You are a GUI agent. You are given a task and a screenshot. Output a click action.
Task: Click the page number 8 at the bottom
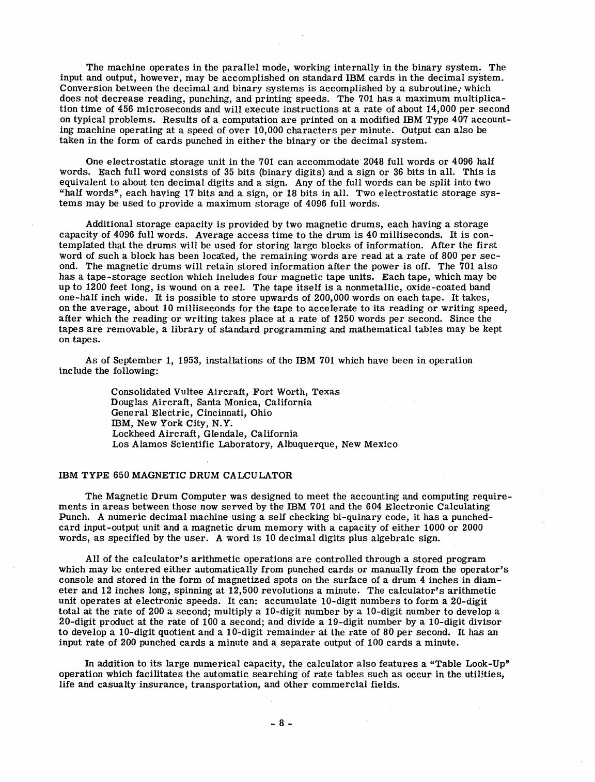(283, 723)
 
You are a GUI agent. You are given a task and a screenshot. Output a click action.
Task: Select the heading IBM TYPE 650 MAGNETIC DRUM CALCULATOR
(177, 474)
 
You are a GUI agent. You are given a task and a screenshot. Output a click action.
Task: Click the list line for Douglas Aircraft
(212, 402)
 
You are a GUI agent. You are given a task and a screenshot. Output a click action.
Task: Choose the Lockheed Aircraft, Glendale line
(205, 434)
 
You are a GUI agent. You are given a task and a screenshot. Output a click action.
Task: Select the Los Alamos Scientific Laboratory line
(255, 444)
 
